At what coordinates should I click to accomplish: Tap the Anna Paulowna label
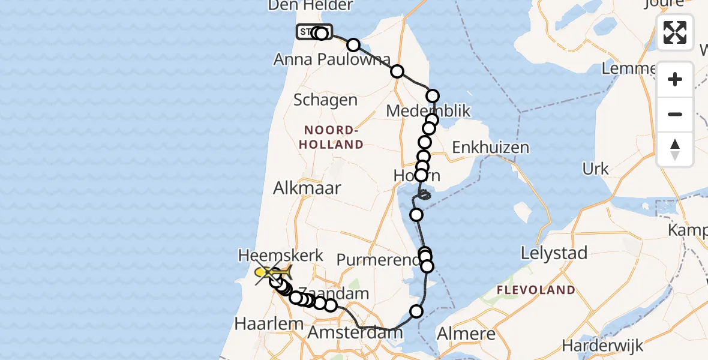pyautogui.click(x=332, y=60)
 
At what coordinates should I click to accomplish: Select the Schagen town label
pyautogui.click(x=325, y=100)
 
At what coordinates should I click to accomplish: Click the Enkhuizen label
pyautogui.click(x=490, y=148)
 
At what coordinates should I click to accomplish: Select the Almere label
pyautogui.click(x=467, y=333)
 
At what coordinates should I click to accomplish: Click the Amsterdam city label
pyautogui.click(x=351, y=334)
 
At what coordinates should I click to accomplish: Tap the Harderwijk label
pyautogui.click(x=602, y=346)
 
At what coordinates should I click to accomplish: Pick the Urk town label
pyautogui.click(x=596, y=169)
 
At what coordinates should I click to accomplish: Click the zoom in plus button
pyautogui.click(x=675, y=79)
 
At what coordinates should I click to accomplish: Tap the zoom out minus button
pyautogui.click(x=675, y=114)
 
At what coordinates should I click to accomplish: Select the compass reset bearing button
pyautogui.click(x=675, y=149)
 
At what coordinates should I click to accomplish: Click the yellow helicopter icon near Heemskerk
pyautogui.click(x=273, y=273)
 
